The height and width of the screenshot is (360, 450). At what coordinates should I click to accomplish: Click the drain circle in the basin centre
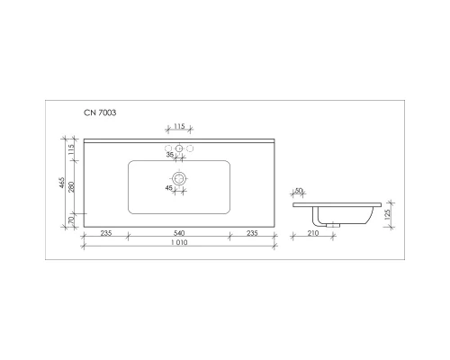pos(179,179)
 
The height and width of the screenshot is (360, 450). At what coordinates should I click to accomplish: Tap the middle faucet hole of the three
pos(179,148)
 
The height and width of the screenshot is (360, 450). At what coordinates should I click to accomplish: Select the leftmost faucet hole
pos(167,148)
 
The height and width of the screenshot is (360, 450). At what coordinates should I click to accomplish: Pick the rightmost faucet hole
pos(191,148)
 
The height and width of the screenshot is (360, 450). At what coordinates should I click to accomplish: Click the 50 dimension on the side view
pos(299,190)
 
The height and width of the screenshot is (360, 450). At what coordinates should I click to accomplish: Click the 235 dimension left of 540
pos(104,233)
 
